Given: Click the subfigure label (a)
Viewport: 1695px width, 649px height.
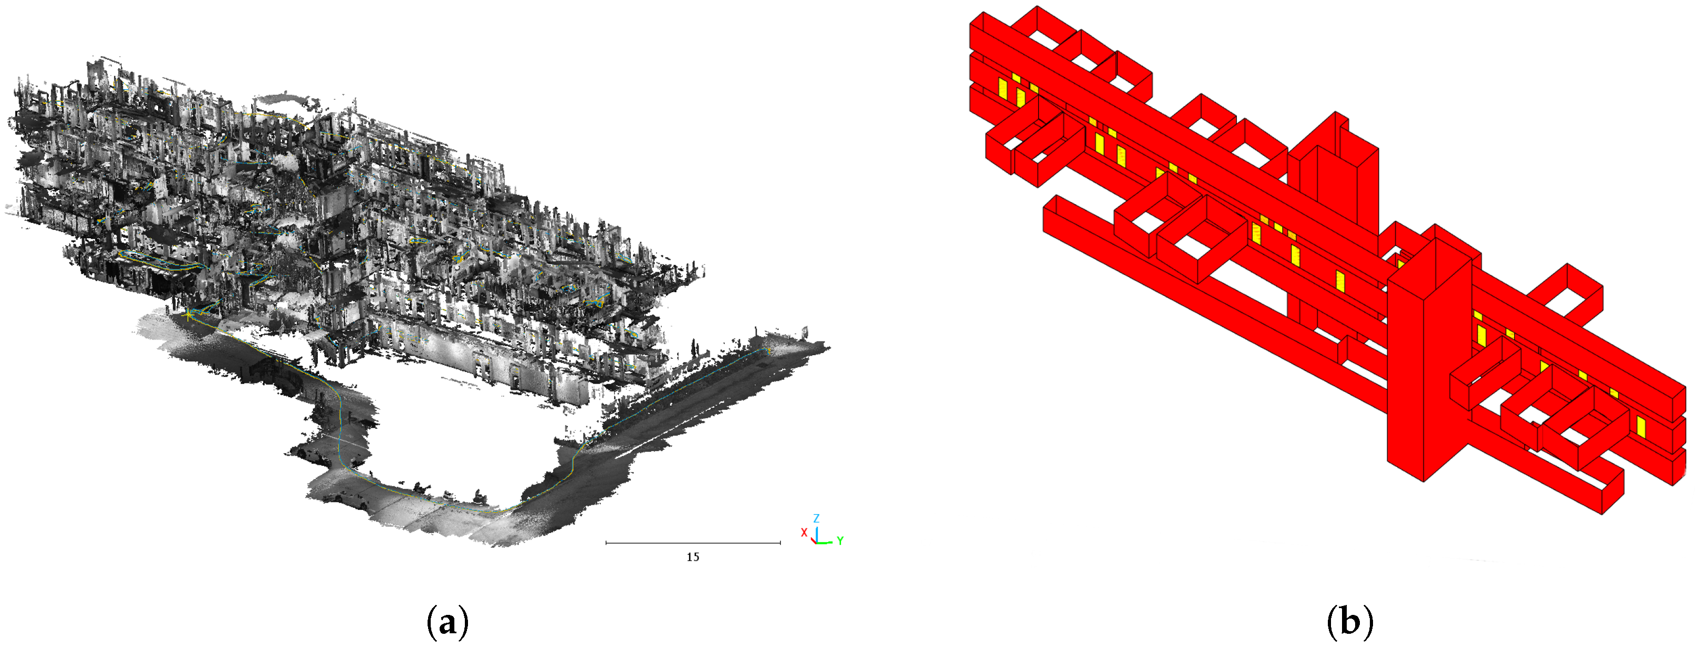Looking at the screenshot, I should [448, 621].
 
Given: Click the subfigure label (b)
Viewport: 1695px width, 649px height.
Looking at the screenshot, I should [1349, 621].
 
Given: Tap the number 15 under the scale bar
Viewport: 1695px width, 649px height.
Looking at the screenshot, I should [692, 557].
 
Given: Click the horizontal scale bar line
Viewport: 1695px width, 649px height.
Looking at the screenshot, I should [692, 543].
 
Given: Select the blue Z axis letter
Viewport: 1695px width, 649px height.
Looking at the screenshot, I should [816, 518].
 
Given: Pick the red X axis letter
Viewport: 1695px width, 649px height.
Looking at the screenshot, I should [804, 532].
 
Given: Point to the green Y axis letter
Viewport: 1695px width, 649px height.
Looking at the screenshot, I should [840, 540].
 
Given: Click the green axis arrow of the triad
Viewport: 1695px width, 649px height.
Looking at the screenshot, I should [826, 542].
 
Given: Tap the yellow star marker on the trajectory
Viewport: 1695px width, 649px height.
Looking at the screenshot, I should [190, 316].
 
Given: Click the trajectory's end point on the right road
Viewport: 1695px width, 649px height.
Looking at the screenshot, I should [768, 351].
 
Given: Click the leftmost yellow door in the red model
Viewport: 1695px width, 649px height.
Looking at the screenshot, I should [1003, 89].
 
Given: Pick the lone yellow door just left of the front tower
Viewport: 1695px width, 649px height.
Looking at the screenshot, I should [1340, 281].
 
